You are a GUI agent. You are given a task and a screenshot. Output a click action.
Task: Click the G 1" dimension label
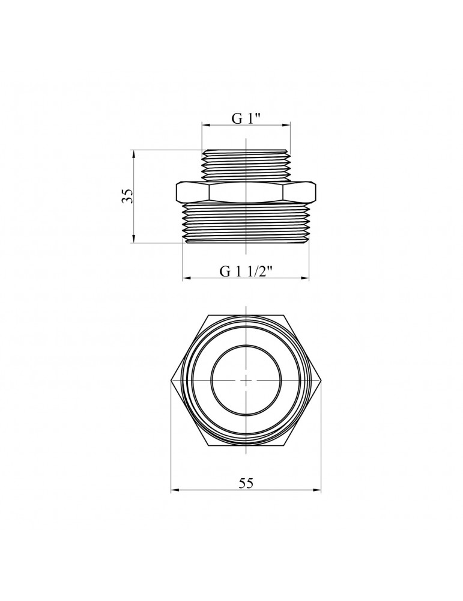[x=246, y=118]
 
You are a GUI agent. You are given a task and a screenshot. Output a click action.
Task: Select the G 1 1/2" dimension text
[x=246, y=271]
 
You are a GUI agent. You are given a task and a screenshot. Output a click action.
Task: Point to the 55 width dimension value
[x=246, y=483]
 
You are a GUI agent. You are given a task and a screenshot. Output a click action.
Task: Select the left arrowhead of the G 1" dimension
[x=205, y=126]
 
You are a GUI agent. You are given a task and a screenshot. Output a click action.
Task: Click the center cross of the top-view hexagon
[x=246, y=380]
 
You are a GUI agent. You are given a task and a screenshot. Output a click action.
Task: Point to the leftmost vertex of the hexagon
[x=171, y=380]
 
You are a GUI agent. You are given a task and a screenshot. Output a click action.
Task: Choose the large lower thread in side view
[x=246, y=222]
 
